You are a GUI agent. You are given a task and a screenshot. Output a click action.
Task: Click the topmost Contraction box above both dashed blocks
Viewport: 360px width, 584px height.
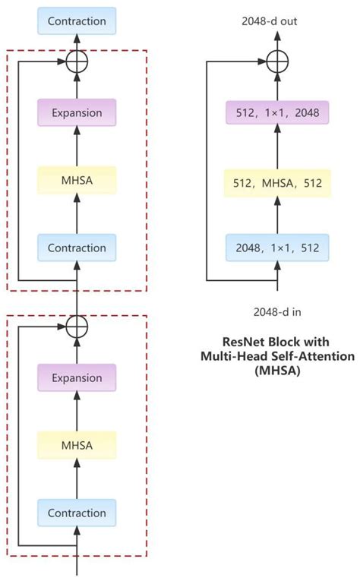click(x=77, y=21)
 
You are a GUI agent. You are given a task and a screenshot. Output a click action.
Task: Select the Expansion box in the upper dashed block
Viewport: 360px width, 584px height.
click(x=77, y=112)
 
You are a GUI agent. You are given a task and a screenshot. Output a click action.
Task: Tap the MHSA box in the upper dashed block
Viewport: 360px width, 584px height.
click(x=77, y=180)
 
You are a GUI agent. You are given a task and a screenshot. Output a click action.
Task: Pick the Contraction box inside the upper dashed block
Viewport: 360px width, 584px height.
click(x=77, y=248)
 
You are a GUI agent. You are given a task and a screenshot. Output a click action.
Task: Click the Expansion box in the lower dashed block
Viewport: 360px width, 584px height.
click(x=77, y=377)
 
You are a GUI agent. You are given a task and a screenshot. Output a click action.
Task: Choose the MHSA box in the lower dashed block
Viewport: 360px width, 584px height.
click(x=77, y=445)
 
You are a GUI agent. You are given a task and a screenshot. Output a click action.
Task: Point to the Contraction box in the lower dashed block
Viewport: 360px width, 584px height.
click(x=77, y=513)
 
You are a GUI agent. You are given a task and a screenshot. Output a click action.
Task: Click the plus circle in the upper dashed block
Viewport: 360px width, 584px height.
click(x=77, y=60)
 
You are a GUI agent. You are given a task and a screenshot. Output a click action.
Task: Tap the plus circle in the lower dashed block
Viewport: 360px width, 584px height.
click(x=77, y=326)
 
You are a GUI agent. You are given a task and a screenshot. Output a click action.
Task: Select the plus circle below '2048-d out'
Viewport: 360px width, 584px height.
click(x=278, y=60)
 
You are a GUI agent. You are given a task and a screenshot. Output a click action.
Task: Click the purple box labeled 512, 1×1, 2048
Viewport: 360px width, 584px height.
click(x=278, y=115)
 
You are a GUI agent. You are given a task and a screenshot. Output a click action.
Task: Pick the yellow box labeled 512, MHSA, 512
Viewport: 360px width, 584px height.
click(x=278, y=182)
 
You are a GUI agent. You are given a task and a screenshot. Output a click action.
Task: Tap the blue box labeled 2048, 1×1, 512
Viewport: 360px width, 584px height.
click(x=278, y=248)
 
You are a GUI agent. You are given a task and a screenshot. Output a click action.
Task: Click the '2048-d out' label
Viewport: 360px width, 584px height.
click(x=278, y=21)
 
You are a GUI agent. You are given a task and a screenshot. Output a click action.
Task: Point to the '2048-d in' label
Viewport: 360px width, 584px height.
click(x=278, y=311)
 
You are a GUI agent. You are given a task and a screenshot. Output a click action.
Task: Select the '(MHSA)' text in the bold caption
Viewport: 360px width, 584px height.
click(x=278, y=371)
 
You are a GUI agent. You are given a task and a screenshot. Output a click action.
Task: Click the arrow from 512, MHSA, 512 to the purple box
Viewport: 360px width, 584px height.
click(x=278, y=148)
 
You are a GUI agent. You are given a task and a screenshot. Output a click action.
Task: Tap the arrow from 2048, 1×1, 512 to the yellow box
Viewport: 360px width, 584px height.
click(x=278, y=216)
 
